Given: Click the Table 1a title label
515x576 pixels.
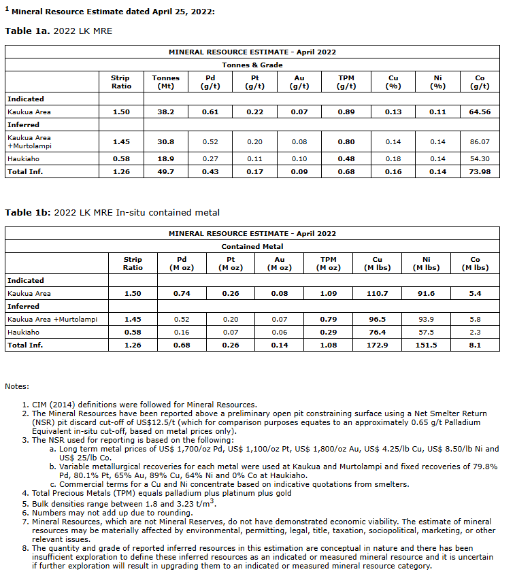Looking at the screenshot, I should click(59, 31).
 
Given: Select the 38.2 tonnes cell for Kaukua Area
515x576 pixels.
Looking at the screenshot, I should click(166, 112).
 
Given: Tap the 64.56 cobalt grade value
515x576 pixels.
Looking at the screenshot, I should click(480, 112).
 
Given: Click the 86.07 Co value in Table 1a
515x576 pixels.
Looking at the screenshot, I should click(480, 141).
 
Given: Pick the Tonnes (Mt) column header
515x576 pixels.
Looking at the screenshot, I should click(166, 82).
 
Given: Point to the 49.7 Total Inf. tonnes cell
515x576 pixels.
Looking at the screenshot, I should click(166, 171).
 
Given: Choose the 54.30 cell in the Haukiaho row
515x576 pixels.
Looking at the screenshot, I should click(480, 158).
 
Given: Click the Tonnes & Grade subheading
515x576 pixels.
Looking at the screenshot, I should click(252, 65).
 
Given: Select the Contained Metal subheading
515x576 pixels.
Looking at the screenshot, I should click(252, 246).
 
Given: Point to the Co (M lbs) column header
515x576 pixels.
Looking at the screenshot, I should click(475, 263).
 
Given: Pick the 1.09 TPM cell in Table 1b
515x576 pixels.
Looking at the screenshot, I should click(329, 293).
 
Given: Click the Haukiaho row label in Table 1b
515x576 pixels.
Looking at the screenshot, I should click(23, 333).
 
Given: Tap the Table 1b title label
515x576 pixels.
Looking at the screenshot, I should click(112, 213).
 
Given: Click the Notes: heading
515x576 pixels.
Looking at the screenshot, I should click(18, 386).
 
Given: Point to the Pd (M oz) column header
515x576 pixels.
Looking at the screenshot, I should click(181, 263).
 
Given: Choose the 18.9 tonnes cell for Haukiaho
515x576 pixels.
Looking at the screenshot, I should click(166, 158).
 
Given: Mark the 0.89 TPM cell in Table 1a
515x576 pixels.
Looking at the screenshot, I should click(346, 112).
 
